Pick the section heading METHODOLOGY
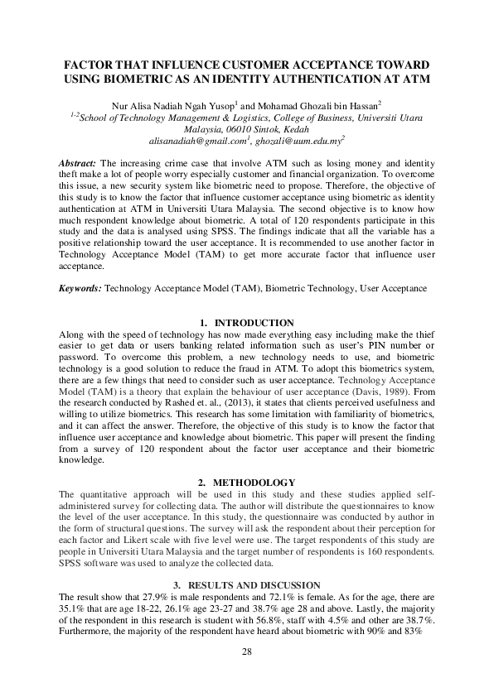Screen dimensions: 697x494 point(254,482)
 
